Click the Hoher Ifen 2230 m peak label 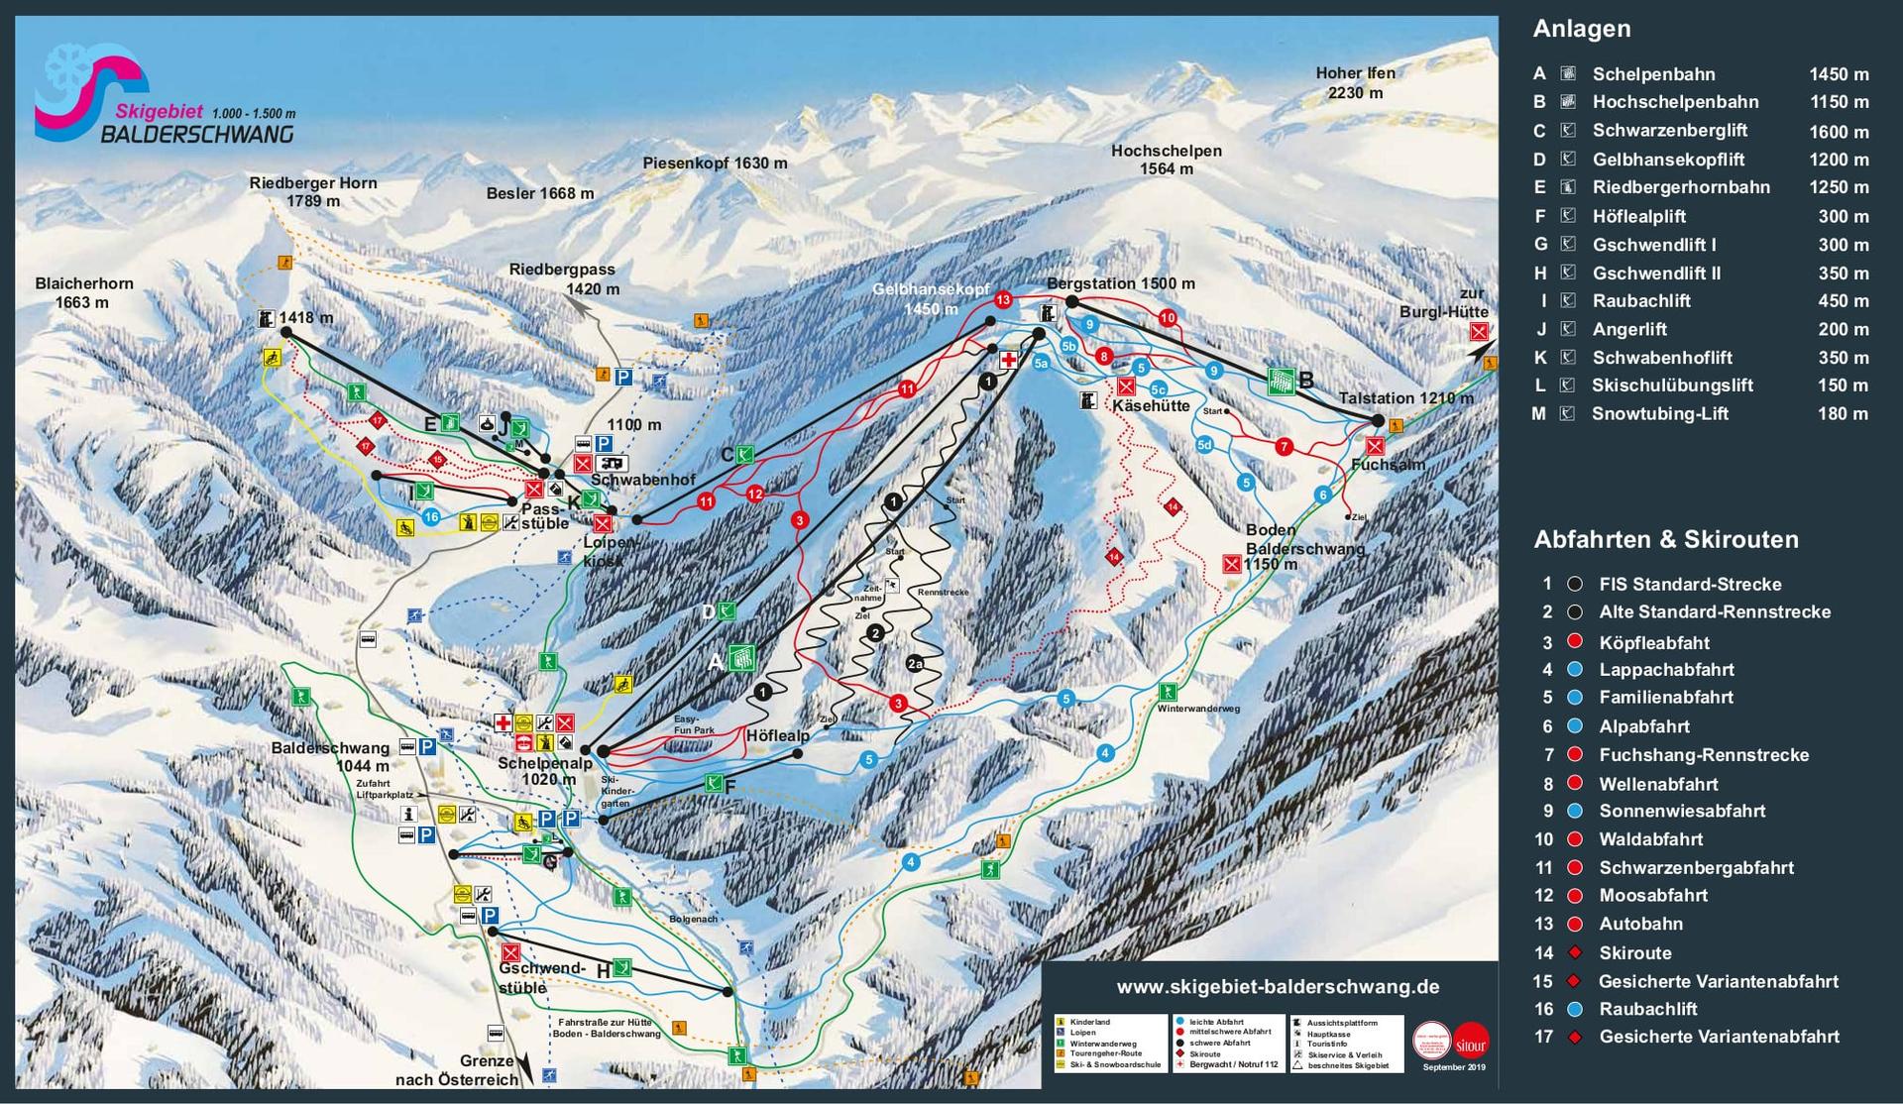click(x=1355, y=83)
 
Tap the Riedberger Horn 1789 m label click(x=313, y=192)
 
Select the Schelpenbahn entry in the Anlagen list click(x=1653, y=74)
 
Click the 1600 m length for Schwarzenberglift click(x=1839, y=132)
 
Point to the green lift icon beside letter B click(x=1281, y=381)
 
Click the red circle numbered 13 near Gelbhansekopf click(x=1003, y=299)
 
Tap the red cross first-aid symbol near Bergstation click(x=1010, y=360)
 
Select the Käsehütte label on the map click(x=1150, y=406)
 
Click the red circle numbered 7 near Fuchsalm click(x=1285, y=447)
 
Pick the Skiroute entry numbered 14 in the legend click(x=1634, y=953)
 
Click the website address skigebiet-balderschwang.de click(x=1278, y=987)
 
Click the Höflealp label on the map click(x=777, y=736)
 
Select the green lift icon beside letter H click(x=622, y=967)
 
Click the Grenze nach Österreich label click(x=458, y=1070)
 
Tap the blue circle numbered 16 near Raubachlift click(x=430, y=517)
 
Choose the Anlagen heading click(x=1581, y=29)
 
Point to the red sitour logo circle click(x=1472, y=1041)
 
